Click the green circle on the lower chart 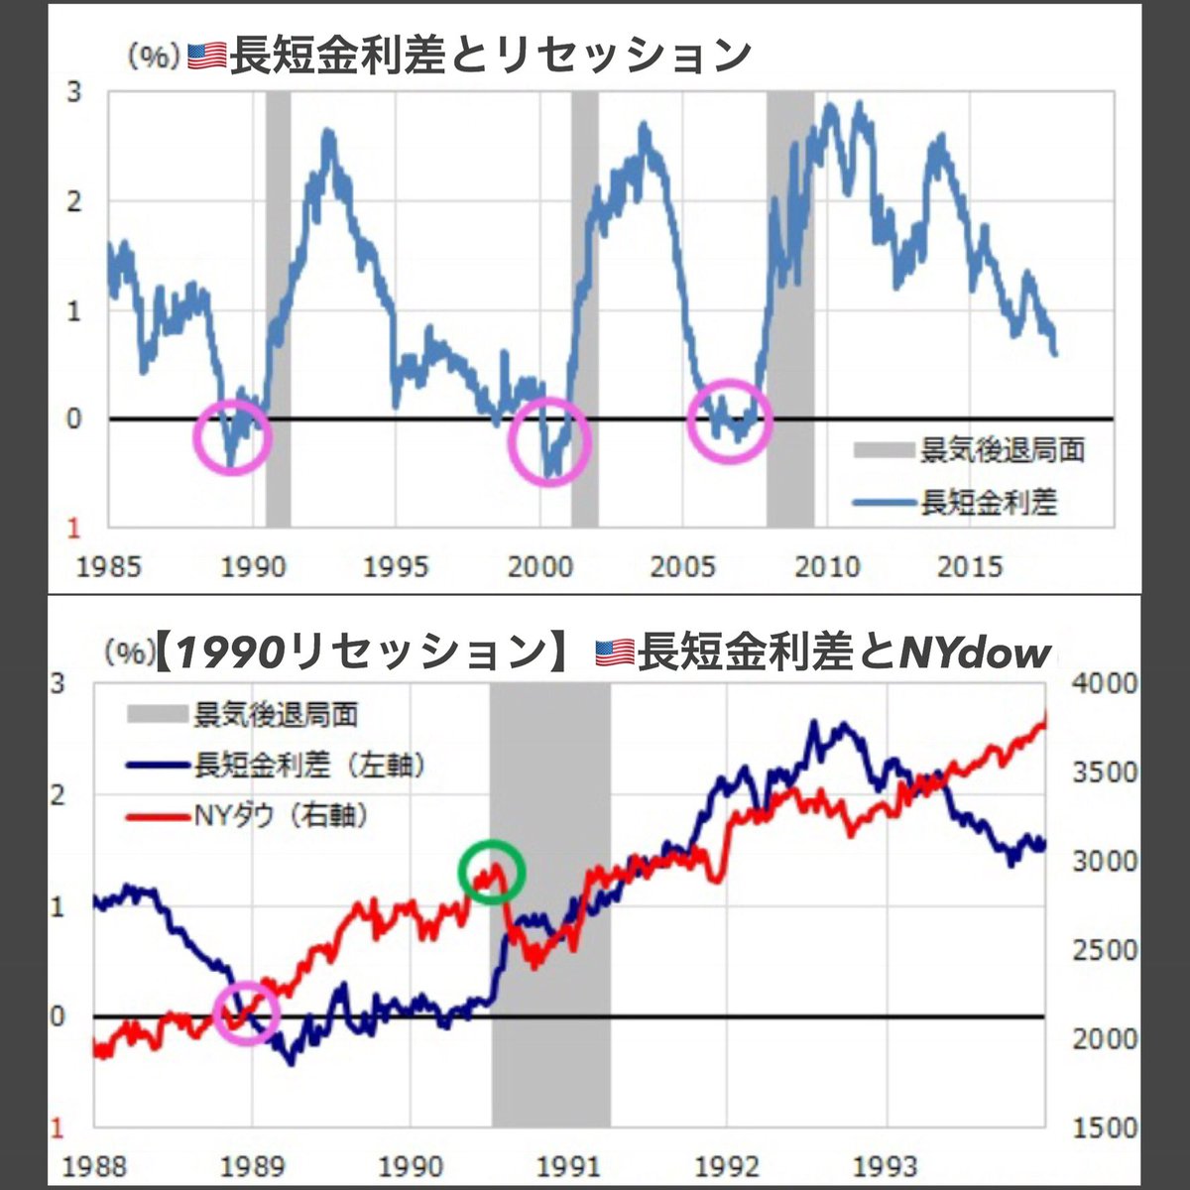(491, 871)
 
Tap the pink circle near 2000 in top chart (549, 442)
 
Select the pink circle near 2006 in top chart (729, 420)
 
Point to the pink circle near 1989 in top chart (232, 436)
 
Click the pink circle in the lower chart (247, 1012)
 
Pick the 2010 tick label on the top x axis (827, 567)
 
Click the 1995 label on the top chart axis (396, 567)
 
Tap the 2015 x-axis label (971, 567)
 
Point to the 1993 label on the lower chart (887, 1166)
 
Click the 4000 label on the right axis (1106, 684)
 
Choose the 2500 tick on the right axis (1106, 950)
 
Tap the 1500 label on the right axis (1106, 1128)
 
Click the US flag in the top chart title (207, 58)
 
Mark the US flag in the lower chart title (615, 653)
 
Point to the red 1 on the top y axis (72, 529)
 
